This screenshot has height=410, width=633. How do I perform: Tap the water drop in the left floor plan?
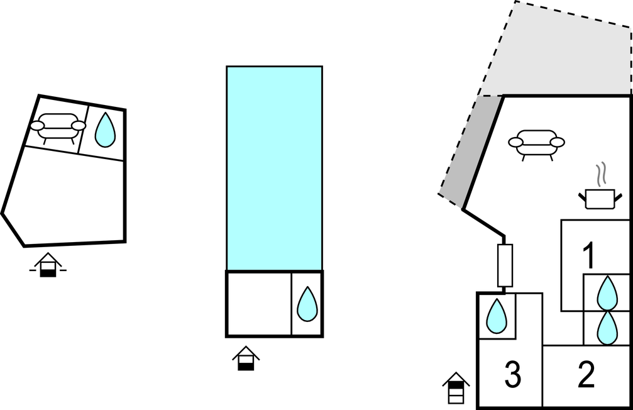(x=105, y=130)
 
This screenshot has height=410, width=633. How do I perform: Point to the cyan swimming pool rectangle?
(x=274, y=168)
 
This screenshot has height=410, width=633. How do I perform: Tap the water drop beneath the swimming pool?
(x=307, y=304)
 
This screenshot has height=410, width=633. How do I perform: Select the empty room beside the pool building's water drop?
(x=258, y=304)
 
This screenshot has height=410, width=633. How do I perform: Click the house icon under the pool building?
(x=246, y=358)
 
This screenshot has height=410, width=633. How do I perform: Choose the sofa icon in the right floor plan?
(x=535, y=143)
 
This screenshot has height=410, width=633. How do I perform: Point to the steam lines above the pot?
(x=602, y=173)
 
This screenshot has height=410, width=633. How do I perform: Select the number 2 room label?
(x=586, y=375)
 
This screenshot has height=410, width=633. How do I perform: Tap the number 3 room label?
(x=513, y=375)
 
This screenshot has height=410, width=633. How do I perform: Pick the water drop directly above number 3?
(x=497, y=316)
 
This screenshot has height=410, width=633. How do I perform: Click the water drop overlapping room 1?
(x=607, y=293)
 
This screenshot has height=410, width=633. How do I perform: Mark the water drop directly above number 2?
(x=607, y=328)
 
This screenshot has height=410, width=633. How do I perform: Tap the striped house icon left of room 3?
(x=456, y=388)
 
